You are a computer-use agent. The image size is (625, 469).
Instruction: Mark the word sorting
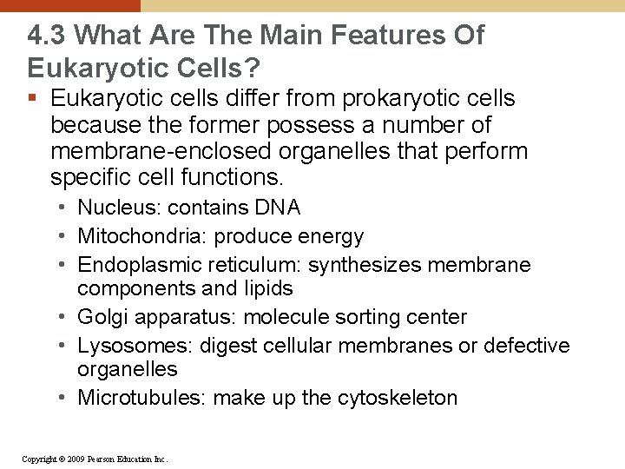(361, 317)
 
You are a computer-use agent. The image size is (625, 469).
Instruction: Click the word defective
(526, 346)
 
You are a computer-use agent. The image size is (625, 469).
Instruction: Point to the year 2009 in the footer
(76, 458)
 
